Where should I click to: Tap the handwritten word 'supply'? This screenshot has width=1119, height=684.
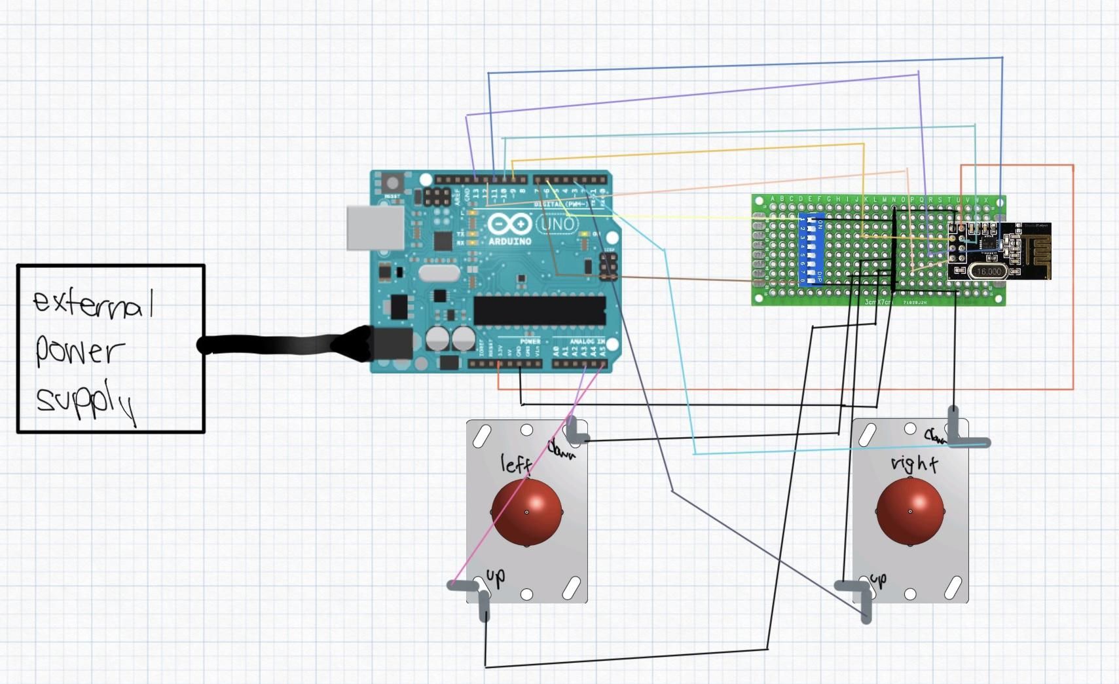85,400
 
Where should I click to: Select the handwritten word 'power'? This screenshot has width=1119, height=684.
79,351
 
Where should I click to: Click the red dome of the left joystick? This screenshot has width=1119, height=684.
527,512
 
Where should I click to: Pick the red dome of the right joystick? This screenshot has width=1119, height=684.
911,511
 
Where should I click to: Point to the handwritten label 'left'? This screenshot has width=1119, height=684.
516,464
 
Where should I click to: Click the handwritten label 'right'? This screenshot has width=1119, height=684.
914,464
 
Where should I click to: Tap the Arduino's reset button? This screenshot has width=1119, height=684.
392,183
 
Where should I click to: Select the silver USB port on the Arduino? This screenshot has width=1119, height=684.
375,228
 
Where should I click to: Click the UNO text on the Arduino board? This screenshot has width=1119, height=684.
557,225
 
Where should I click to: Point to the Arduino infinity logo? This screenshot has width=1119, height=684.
509,224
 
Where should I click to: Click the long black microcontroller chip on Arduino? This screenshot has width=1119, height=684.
539,311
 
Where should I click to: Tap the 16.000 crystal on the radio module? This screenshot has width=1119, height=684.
988,271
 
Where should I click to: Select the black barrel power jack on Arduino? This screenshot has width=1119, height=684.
392,344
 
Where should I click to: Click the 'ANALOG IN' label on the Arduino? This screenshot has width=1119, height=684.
587,341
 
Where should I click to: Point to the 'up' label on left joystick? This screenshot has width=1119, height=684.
496,577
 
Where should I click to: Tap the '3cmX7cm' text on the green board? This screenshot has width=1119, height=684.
878,302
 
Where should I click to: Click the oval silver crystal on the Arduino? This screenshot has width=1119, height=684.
439,273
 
